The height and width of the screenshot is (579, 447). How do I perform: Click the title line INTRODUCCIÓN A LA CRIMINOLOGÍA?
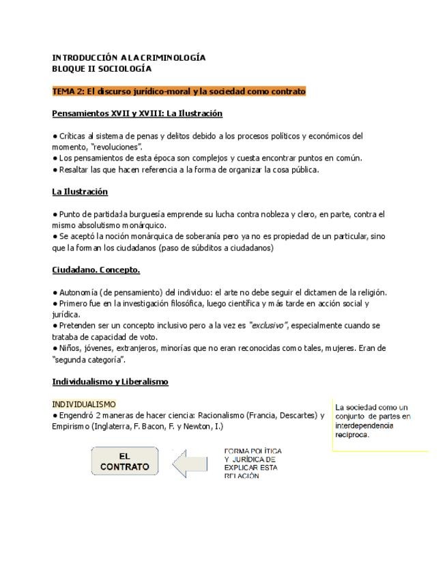pos(129,58)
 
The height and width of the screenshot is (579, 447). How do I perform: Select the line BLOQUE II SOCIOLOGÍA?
pos(102,69)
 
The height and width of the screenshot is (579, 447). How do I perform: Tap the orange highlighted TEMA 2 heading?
pos(179,91)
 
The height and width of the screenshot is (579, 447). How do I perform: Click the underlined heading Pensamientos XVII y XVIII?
pos(137,113)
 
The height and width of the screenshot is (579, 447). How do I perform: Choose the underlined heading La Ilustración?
pos(80,192)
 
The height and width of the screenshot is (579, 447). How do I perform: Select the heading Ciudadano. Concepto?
pos(96,270)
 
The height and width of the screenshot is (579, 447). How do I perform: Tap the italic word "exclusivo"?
pos(268,326)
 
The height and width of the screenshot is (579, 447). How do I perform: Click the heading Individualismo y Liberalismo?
pos(110,382)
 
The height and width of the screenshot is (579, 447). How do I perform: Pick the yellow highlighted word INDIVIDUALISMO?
pos(84,404)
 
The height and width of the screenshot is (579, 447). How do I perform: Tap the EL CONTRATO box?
pos(124,462)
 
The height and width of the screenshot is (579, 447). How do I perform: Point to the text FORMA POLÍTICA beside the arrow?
pos(253,451)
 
